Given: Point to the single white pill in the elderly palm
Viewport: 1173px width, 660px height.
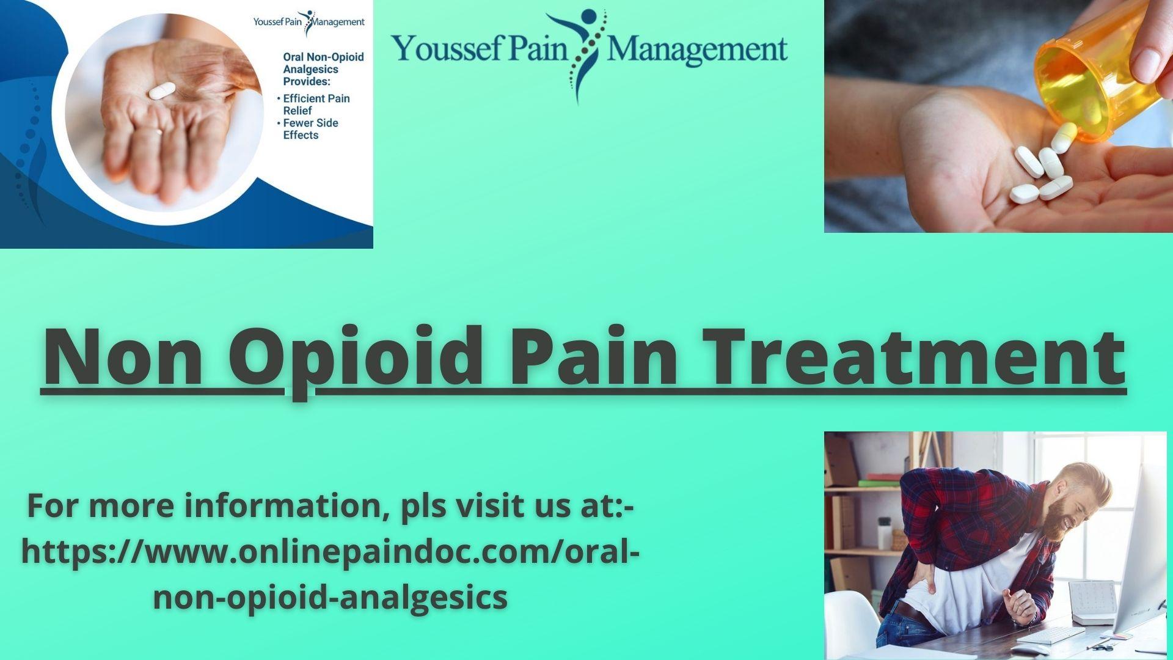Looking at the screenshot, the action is coord(162,91).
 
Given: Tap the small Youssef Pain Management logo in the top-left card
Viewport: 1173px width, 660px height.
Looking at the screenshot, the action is coord(309,23).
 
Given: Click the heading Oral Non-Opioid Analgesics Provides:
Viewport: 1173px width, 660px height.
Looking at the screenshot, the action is coord(323,69).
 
